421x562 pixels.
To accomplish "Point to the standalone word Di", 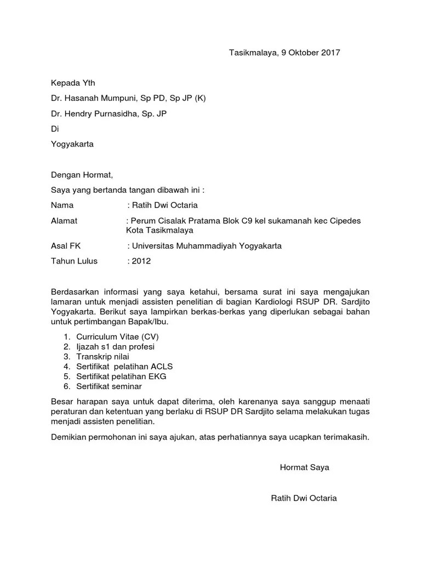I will [54, 129].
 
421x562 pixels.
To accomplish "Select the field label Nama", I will [62, 206].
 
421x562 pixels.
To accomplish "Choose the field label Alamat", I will [64, 221].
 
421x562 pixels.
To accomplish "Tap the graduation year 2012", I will [141, 261].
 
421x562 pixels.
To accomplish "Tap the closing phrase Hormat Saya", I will [304, 468].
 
